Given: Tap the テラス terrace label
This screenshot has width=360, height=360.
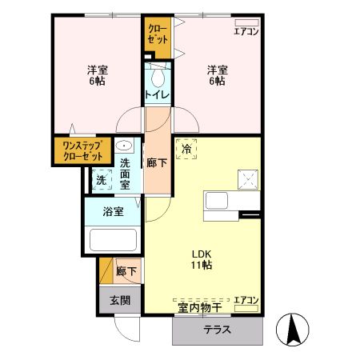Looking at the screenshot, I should (x=217, y=329).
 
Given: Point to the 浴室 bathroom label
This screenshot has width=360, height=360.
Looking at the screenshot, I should (x=114, y=212).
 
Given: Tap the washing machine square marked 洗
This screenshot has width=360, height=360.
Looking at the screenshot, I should (x=102, y=180).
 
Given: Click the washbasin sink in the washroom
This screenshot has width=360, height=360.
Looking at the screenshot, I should (x=125, y=146).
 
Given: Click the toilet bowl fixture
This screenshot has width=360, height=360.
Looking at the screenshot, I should (x=158, y=78).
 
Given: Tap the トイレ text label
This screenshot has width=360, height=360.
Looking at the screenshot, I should (x=157, y=96).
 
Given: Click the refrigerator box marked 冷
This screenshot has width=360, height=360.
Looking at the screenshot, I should (x=187, y=149).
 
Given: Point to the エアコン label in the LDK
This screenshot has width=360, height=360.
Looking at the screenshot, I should (x=246, y=300).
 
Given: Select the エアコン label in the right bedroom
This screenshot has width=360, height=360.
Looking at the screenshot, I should (x=246, y=31).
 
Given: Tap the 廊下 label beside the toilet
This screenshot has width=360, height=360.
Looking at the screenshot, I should (x=157, y=162).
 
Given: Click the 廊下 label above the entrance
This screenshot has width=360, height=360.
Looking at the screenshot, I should (x=126, y=271).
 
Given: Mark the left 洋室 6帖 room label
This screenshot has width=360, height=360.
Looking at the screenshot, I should (x=98, y=75).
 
